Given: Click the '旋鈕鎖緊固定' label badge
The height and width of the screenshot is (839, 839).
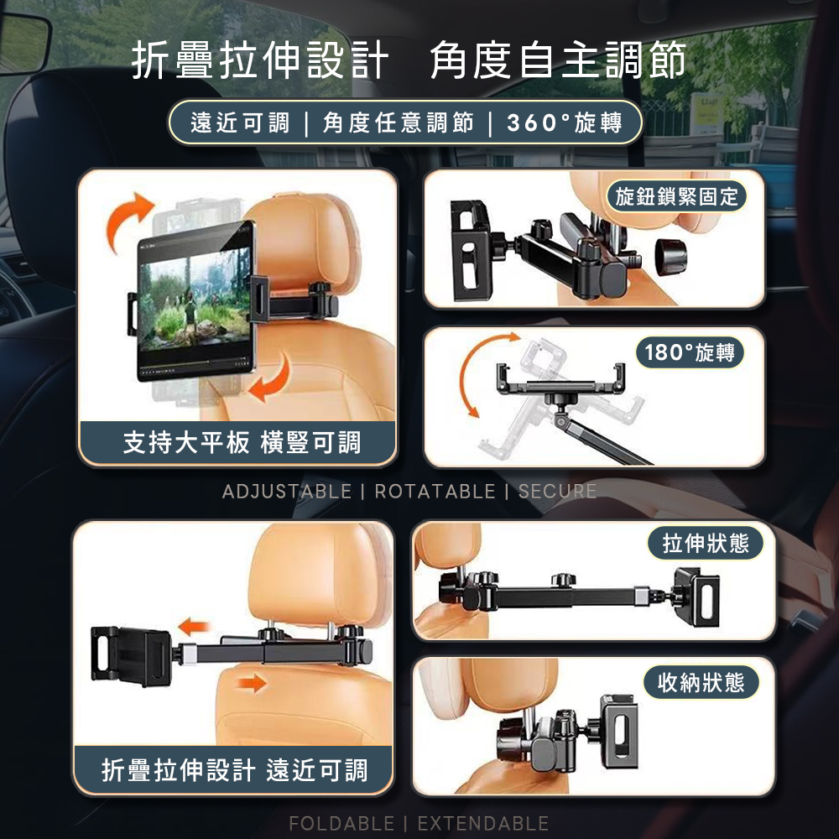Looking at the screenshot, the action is (676, 197).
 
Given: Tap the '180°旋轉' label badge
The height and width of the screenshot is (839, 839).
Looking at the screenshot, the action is (689, 352).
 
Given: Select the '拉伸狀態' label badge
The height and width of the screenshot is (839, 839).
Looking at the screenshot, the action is (706, 543).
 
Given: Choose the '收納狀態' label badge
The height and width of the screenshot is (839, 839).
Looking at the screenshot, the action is (701, 682).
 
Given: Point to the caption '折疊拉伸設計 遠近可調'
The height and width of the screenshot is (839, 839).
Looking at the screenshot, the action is (234, 770).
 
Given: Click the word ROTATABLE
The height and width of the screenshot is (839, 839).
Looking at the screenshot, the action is (435, 491).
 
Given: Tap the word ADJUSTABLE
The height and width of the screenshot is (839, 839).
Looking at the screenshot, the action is (287, 491).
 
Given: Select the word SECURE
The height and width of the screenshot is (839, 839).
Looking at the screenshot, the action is (557, 491).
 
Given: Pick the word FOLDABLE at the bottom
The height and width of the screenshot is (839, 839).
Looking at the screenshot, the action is (341, 824).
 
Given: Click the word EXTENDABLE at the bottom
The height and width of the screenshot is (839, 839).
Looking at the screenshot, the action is (482, 824).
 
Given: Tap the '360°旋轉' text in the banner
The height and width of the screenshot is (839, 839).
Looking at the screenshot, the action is (565, 123).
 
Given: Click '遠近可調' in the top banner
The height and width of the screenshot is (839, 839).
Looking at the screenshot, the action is (240, 123).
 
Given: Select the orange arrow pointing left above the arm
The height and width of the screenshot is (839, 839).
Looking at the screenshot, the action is (194, 626).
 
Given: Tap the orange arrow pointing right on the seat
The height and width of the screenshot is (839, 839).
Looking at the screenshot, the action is (252, 683).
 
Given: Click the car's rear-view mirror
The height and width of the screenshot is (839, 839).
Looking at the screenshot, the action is (24, 44).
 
